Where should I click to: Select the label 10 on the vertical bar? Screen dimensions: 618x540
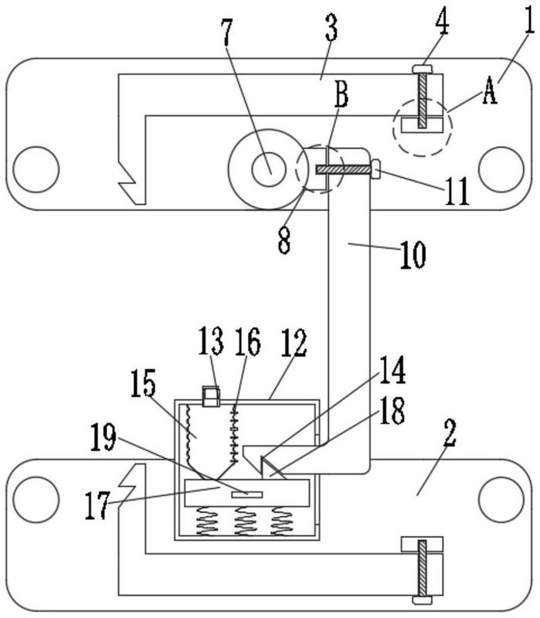coord(413,256)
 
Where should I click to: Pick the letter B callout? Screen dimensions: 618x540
coord(341,98)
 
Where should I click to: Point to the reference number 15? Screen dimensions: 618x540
coord(142,384)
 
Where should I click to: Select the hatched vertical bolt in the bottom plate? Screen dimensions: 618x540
coord(423,569)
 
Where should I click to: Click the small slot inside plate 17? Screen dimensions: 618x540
coord(246,492)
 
